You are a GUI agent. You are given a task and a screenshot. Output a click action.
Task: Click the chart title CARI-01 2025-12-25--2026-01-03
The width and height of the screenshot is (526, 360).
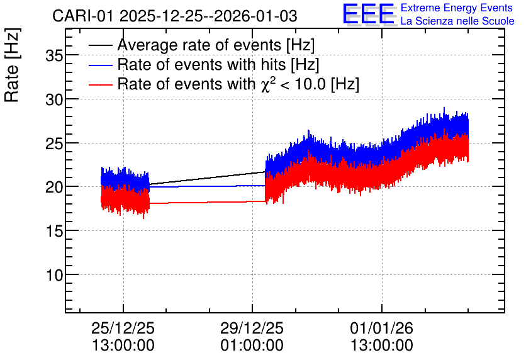coord(175,16)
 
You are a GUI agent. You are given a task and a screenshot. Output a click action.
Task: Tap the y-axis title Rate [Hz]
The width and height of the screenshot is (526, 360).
coord(12,65)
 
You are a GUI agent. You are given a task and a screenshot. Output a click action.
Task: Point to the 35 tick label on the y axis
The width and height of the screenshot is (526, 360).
coord(54,55)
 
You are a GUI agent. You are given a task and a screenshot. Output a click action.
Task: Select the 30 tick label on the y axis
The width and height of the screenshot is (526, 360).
coord(54,99)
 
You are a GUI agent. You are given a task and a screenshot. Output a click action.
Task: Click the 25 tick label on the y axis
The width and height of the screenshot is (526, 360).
coord(54,143)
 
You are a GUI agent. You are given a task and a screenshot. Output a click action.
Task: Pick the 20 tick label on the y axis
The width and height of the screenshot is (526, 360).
coord(54,187)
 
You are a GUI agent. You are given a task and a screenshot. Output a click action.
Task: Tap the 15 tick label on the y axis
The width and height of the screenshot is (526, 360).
coord(54,231)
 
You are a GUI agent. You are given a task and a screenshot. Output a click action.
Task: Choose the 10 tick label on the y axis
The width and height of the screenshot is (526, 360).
coord(54,275)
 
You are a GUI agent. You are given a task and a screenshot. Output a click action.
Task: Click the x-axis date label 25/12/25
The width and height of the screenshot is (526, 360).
coord(123,328)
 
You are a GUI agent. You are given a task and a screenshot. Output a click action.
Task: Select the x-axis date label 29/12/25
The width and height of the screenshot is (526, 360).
coord(252,328)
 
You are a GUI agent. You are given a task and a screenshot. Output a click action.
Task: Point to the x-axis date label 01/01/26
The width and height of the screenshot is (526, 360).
coord(382,328)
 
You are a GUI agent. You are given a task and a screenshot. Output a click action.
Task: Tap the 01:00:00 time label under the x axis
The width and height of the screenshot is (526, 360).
coord(252,345)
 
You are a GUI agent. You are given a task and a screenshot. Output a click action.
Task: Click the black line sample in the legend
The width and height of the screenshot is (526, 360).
coord(101,45)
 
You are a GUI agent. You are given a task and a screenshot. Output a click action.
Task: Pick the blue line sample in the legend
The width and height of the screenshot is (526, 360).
coord(101,65)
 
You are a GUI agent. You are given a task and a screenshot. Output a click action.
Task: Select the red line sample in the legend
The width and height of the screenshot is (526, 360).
coord(101,84)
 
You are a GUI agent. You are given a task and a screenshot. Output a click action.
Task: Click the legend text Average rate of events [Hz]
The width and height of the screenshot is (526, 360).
coord(216,45)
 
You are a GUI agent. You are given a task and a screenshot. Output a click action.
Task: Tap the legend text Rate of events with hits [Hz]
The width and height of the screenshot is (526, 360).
coord(218,65)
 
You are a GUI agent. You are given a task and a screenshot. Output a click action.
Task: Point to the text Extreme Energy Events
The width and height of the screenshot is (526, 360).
coord(457,8)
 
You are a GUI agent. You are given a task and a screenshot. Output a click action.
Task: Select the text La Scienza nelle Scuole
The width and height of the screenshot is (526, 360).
coord(457,21)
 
